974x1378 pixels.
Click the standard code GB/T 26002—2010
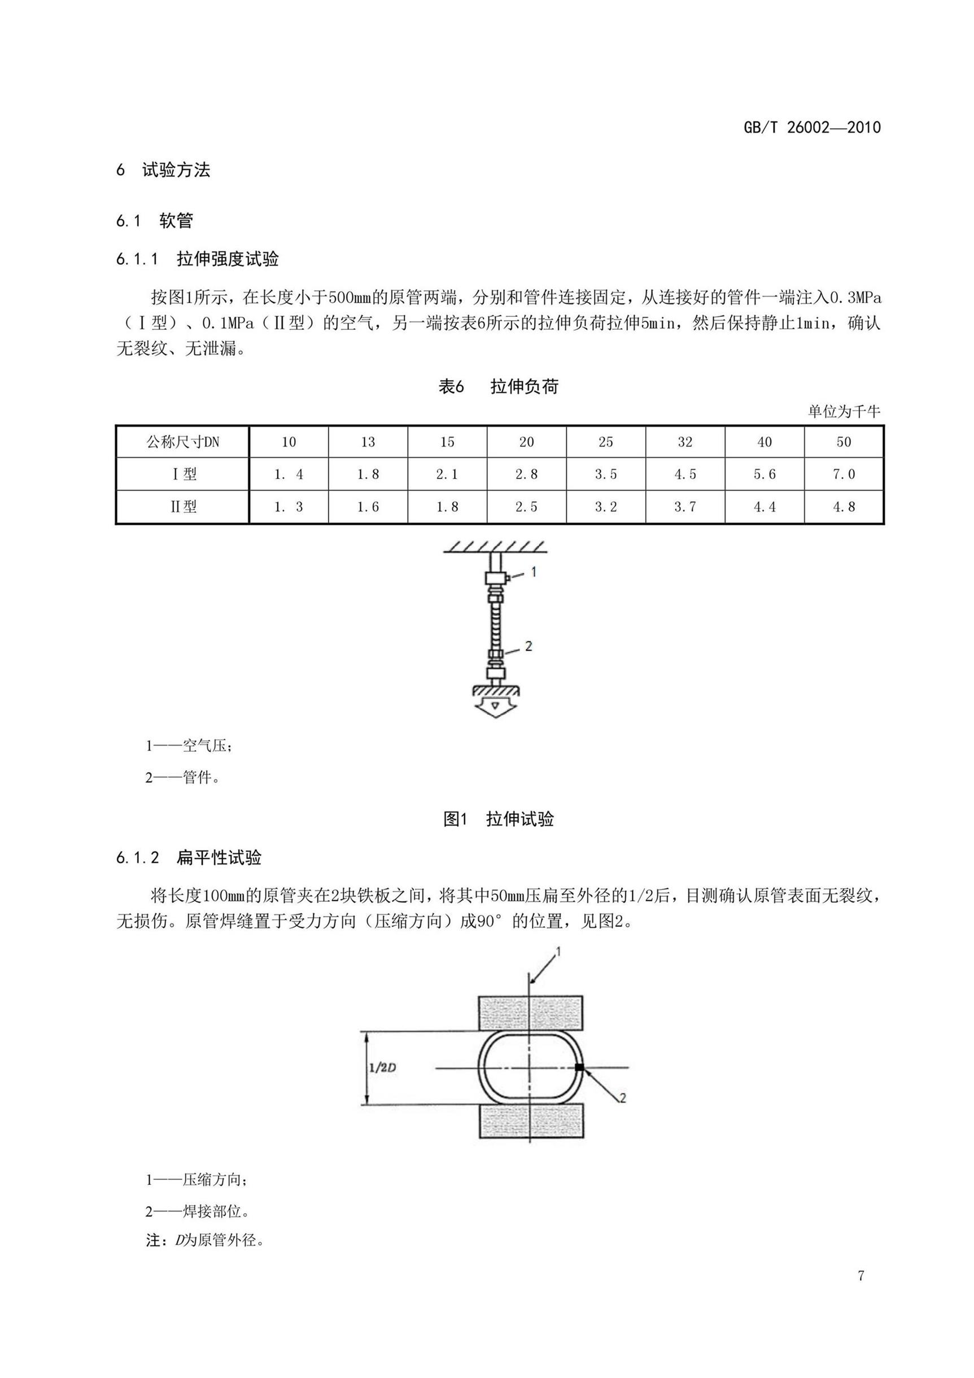(811, 127)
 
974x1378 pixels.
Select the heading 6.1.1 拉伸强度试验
(198, 259)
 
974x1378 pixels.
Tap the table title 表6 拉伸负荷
(498, 386)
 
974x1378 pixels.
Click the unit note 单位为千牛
(844, 412)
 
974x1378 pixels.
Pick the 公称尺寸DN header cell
(182, 442)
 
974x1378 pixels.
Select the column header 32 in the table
(685, 442)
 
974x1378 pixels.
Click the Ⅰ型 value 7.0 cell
(843, 475)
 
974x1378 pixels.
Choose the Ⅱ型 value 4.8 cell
(843, 507)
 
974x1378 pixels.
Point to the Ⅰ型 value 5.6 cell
(764, 475)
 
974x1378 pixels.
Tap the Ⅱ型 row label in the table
(182, 507)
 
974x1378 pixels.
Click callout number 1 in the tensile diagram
(534, 572)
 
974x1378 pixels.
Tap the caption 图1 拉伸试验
(498, 819)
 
